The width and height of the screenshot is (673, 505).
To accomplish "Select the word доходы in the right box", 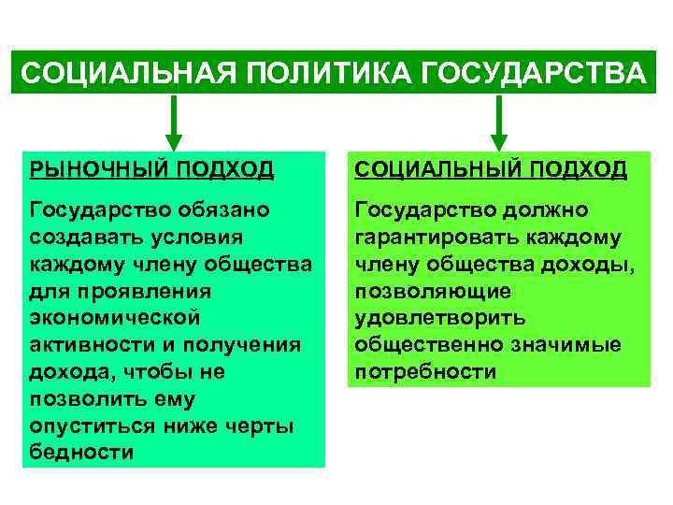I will click(589, 265).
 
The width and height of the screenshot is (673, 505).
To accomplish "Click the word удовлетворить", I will click(439, 318).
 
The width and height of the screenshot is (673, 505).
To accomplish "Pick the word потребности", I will click(425, 372).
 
